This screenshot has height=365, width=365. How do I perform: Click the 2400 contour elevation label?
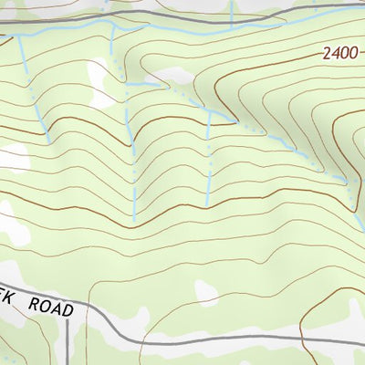340,54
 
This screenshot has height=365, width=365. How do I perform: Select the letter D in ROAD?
68,312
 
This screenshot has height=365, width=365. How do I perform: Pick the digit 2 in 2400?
327,54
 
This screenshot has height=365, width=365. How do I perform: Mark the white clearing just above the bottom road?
207,292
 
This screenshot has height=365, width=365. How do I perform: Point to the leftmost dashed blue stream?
35,91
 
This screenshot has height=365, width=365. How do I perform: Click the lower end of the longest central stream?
135,219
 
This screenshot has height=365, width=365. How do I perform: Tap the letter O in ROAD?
43,308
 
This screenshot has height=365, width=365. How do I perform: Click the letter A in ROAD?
56,310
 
